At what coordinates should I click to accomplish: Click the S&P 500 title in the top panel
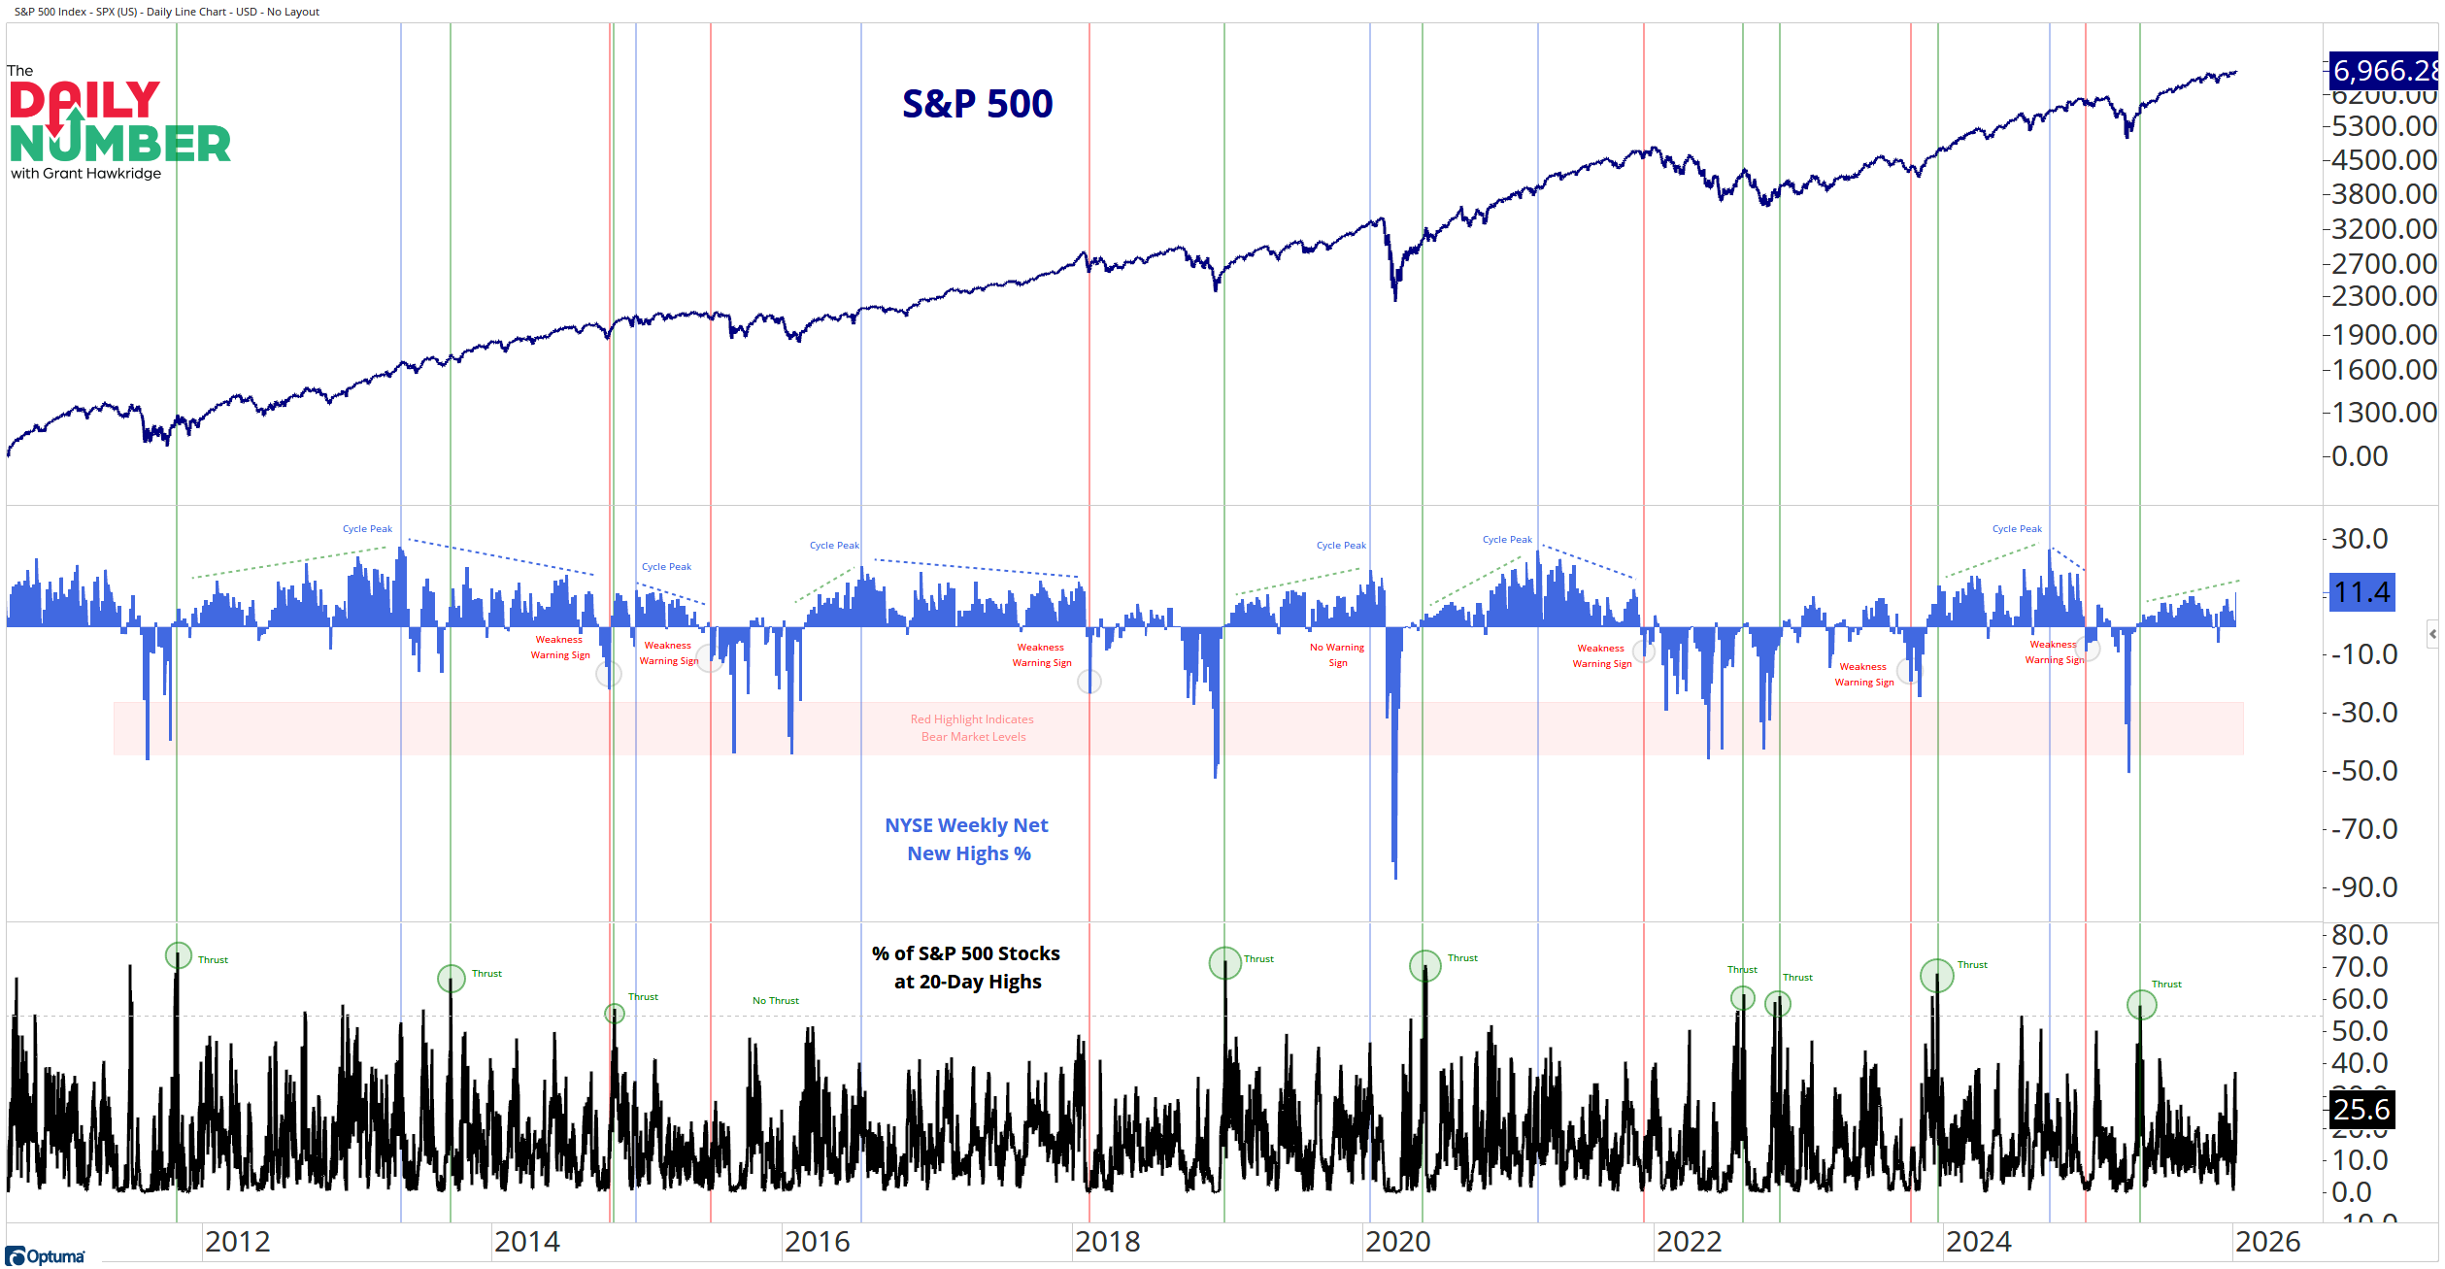(977, 104)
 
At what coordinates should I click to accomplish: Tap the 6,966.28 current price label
(2384, 71)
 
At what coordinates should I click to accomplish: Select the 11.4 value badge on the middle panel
(2361, 592)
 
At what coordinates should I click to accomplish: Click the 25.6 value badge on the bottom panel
(2361, 1109)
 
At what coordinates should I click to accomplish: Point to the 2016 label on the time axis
(817, 1242)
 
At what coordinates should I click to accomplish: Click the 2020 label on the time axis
(1397, 1242)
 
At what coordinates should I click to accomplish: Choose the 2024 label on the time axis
(1978, 1242)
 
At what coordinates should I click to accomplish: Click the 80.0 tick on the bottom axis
(2360, 935)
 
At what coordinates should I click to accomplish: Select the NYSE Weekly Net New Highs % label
(967, 839)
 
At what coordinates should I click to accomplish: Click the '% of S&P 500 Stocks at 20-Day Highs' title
(966, 967)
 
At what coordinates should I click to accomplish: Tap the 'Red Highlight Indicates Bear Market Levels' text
(972, 728)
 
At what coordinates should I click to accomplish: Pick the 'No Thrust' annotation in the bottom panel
(775, 1001)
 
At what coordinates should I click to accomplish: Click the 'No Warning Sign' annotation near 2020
(1337, 655)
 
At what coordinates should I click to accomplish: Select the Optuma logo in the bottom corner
(46, 1256)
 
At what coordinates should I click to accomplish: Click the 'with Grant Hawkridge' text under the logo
(86, 174)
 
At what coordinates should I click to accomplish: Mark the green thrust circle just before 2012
(178, 955)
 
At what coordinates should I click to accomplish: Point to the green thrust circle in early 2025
(2141, 1005)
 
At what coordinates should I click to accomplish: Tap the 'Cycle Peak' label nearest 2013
(367, 529)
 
